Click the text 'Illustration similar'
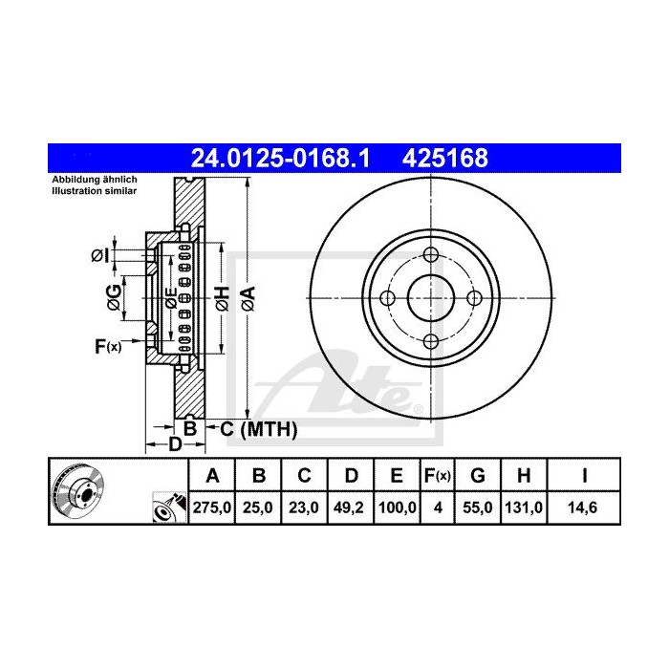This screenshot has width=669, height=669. coord(94,191)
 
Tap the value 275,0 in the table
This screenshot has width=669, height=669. coord(213,509)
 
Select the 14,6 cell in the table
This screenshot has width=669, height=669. coord(583,509)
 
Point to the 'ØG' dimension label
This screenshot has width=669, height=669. coord(115,296)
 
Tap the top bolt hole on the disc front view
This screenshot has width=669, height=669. coord(430,255)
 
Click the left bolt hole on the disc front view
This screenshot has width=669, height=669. coord(387,298)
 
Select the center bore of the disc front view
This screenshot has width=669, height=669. coord(430,298)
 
